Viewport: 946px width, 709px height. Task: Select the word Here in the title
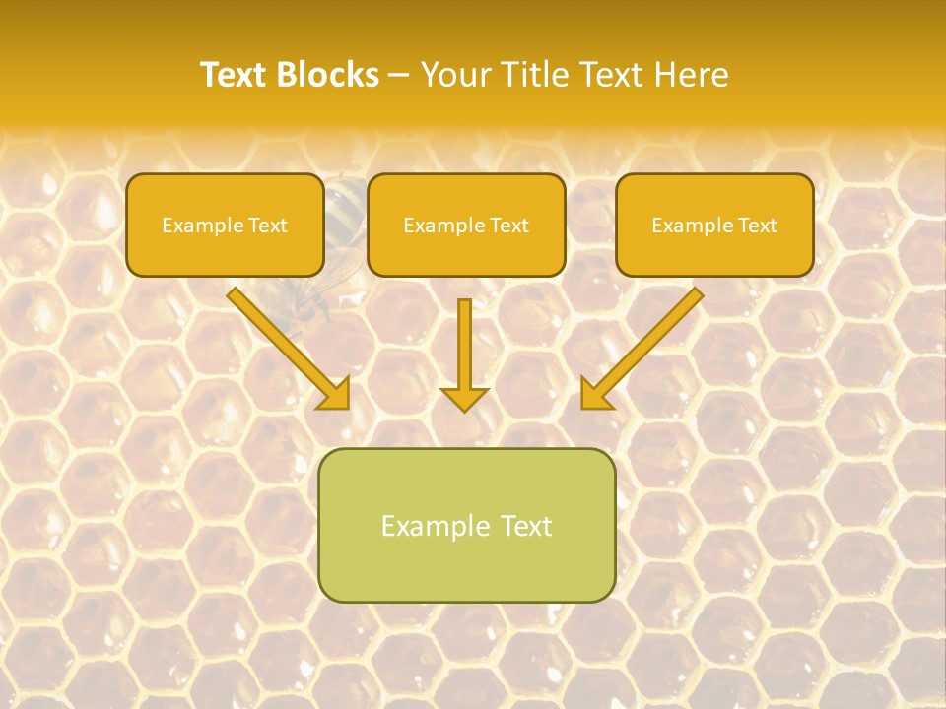point(695,75)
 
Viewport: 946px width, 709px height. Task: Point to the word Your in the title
point(454,75)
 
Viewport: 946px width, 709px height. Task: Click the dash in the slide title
point(399,76)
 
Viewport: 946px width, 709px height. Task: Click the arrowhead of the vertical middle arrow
point(464,399)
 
